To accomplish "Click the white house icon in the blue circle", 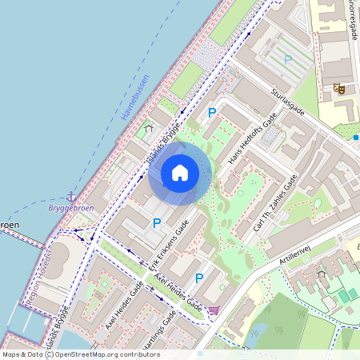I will pos(180,172).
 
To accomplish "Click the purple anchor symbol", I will pos(72,196).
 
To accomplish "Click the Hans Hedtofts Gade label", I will pos(253,138).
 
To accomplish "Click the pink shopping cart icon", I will pos(214,310).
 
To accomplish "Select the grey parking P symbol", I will pos(288,60).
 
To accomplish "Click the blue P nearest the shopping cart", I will pos(199,278).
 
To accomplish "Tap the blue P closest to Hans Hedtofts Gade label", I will pos(212,114).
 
